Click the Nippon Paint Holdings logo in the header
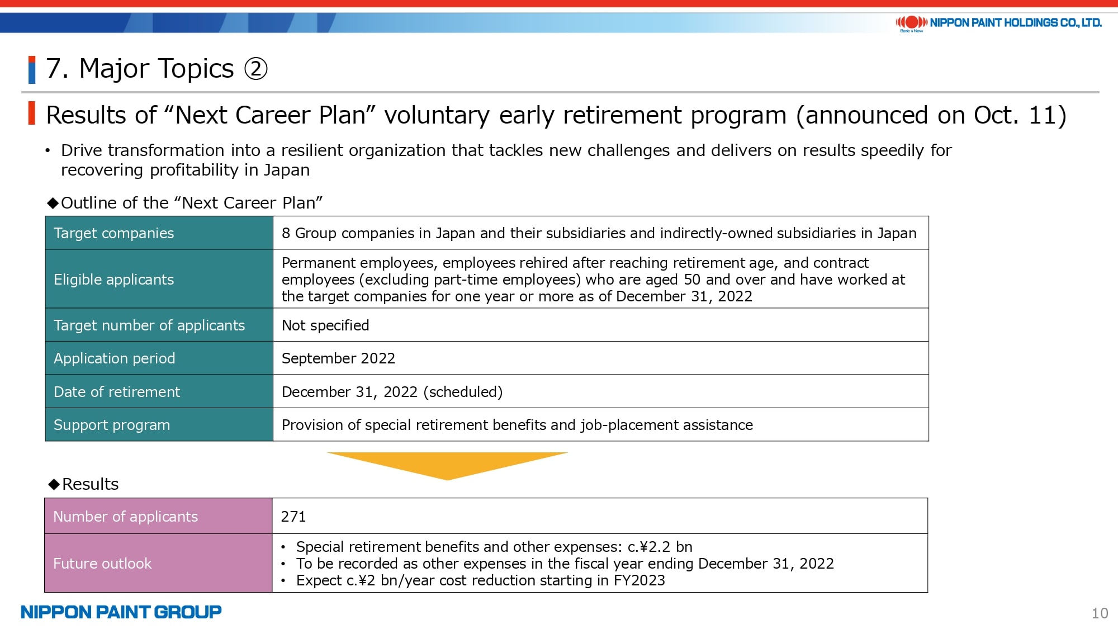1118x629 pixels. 998,23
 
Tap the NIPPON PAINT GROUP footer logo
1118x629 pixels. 121,612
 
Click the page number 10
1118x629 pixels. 1100,613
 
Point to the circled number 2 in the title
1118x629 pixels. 256,69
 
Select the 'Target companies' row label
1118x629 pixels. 113,233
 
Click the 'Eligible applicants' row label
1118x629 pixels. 113,280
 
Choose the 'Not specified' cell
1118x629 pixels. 325,325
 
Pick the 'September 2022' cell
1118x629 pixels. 338,358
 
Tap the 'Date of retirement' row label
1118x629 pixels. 117,392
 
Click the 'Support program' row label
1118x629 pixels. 112,425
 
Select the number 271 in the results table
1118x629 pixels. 293,517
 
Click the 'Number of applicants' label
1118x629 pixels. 126,517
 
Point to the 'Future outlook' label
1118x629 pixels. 102,564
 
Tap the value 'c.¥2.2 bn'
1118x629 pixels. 660,547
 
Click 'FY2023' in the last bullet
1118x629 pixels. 639,581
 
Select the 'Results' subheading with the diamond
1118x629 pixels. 83,484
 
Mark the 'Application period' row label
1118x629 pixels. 114,358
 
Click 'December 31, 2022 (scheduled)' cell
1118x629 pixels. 392,392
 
